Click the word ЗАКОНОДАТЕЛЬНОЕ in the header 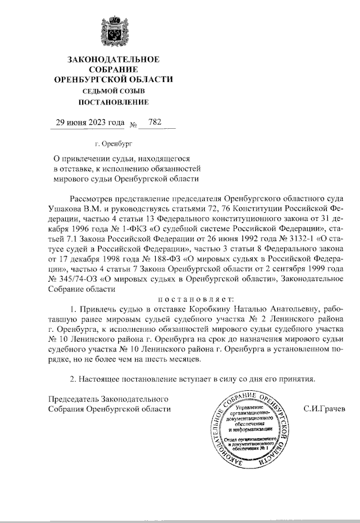tap(113, 59)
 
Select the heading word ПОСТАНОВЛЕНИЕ tap(113, 102)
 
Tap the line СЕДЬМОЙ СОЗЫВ tap(113, 91)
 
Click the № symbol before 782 tap(134, 124)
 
